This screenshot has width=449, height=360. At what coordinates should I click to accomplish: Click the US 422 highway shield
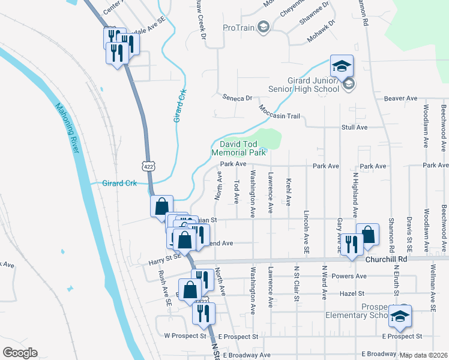pos(147,164)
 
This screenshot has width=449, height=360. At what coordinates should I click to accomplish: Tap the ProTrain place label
pos(238,27)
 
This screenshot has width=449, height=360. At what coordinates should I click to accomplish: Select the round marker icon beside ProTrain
pos(262,26)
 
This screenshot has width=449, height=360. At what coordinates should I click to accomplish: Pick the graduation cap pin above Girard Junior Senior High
pos(342,66)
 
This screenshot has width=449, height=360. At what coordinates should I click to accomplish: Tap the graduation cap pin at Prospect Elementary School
pos(399,317)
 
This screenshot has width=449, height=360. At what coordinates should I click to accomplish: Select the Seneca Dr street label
pos(235,98)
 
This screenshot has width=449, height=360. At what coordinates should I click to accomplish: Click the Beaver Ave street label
pos(400,98)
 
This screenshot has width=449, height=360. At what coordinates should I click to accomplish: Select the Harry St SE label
pos(164,259)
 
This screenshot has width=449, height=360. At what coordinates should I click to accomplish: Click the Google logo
pos(20,353)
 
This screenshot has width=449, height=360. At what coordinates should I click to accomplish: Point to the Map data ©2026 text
pos(423,355)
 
